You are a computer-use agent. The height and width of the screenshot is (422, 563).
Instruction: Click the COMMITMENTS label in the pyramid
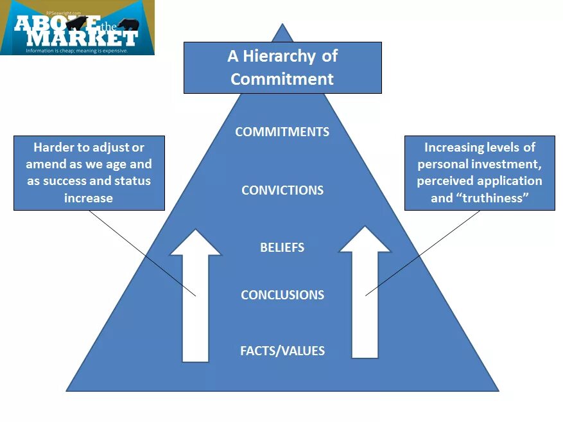(282, 132)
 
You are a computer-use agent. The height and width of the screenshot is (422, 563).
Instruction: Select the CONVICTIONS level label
(282, 190)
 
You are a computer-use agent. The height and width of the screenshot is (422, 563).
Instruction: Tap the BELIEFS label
(282, 247)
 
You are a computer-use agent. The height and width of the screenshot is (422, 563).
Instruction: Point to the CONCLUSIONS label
(282, 295)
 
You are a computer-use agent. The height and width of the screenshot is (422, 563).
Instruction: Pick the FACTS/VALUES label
(282, 351)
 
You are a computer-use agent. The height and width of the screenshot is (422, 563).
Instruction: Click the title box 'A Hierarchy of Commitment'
(282, 67)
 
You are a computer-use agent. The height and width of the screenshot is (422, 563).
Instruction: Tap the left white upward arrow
(195, 302)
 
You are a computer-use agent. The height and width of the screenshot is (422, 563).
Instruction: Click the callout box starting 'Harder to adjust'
(89, 172)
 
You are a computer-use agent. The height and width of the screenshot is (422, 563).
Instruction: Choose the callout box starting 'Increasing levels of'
(480, 172)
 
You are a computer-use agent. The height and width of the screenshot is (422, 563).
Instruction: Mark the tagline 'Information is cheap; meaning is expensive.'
(76, 50)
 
